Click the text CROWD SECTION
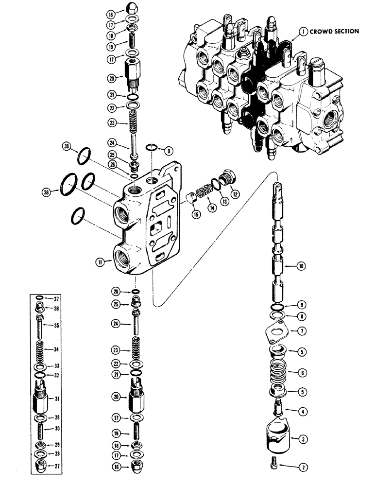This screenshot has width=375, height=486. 335,31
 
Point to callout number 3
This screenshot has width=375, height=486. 303,440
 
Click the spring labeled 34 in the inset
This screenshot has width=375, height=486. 42,348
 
